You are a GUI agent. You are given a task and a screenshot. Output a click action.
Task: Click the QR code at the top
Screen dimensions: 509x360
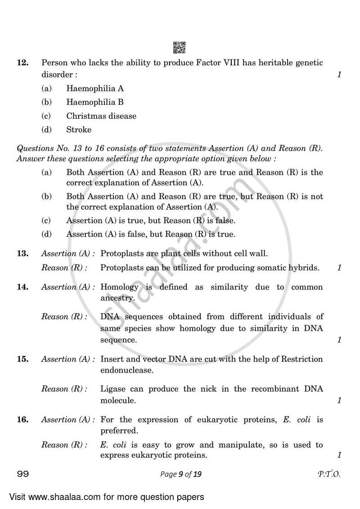[180, 47]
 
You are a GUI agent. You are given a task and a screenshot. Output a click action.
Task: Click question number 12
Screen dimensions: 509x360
[23, 63]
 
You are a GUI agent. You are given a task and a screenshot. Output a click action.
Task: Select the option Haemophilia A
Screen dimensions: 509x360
[95, 89]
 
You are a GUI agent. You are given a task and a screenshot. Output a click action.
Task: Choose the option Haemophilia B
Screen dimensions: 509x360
[95, 102]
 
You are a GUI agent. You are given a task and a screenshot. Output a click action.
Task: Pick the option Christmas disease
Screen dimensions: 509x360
[101, 116]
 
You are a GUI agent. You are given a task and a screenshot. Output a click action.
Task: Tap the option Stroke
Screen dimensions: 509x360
[79, 130]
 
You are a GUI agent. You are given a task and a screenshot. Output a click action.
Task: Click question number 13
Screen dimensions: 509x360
[23, 254]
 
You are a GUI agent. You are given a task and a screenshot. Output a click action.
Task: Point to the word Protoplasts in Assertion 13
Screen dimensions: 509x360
[121, 254]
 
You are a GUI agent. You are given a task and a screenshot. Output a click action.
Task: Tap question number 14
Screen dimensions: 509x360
[23, 287]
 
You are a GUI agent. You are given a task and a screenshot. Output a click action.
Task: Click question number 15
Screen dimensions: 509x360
[23, 359]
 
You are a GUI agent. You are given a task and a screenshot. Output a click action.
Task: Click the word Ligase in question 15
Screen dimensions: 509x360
[112, 389]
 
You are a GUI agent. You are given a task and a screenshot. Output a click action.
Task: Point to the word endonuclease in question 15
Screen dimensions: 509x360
[127, 370]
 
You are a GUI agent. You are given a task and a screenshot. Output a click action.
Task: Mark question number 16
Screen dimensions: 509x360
[23, 420]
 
